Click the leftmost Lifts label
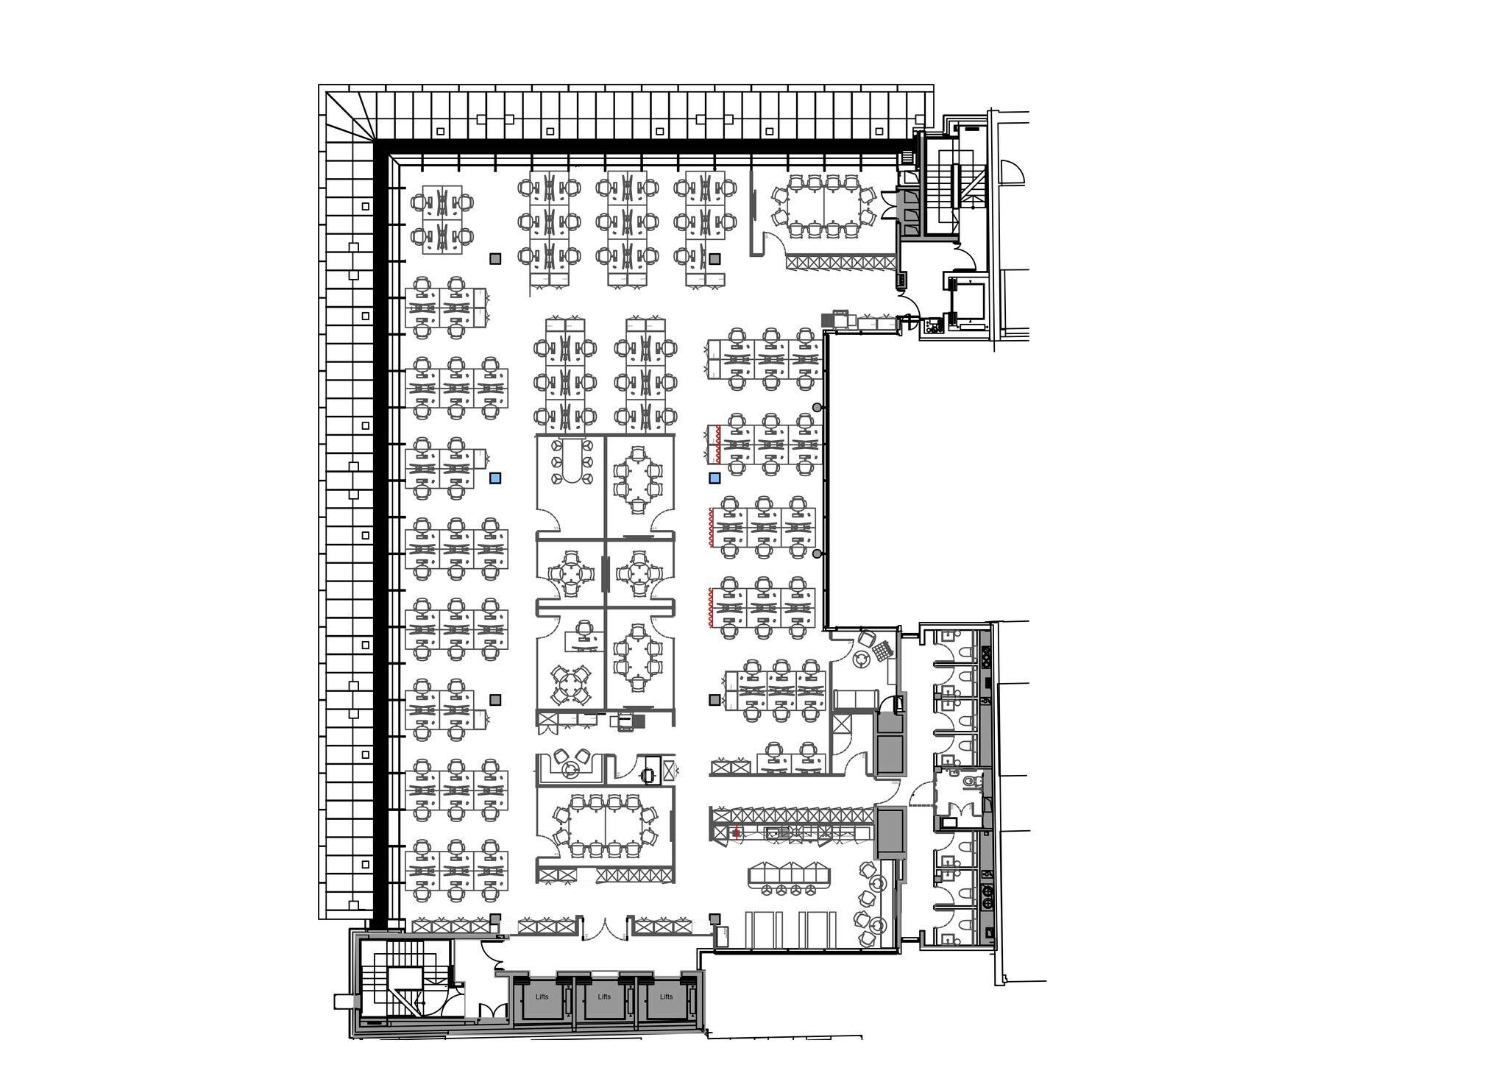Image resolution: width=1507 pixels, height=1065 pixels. click(542, 997)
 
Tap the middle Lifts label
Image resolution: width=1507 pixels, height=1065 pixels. click(604, 997)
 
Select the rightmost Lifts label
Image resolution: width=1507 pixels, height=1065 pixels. click(666, 997)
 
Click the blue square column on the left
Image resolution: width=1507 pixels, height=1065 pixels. click(495, 478)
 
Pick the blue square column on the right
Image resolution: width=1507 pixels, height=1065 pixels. click(714, 478)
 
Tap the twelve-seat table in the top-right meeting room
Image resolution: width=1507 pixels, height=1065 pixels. click(823, 206)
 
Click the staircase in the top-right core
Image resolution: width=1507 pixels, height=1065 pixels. click(957, 184)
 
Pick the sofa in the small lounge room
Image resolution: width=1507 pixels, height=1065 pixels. click(856, 700)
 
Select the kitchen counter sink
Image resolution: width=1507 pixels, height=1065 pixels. click(773, 832)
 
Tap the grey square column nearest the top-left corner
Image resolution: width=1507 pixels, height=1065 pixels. click(495, 258)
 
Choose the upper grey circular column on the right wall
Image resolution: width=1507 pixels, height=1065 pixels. click(816, 407)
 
